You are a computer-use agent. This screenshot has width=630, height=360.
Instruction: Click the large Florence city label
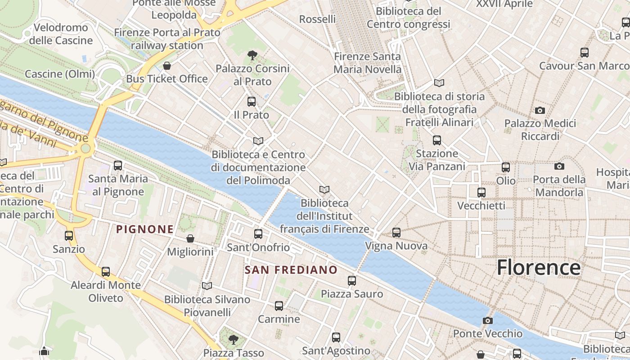[x=539, y=267]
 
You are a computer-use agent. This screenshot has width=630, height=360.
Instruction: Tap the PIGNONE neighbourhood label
[x=145, y=229]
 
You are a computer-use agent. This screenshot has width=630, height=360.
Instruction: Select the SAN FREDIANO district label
[x=291, y=270]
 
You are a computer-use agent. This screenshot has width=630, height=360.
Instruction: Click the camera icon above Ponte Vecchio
[x=487, y=320]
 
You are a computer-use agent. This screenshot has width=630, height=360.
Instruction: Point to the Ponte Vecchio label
[x=487, y=334]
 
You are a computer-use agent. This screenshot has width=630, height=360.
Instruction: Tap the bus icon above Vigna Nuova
[x=396, y=233]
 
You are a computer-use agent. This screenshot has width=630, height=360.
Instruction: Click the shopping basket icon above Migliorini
[x=190, y=238]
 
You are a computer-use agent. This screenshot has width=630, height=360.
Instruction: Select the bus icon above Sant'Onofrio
[x=258, y=234]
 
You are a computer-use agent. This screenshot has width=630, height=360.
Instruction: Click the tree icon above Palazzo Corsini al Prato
[x=252, y=55]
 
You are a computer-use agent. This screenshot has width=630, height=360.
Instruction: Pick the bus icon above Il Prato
[x=251, y=102]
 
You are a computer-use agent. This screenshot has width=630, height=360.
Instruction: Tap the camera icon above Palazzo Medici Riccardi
[x=540, y=110]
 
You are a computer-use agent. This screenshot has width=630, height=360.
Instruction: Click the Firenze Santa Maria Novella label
[x=367, y=63]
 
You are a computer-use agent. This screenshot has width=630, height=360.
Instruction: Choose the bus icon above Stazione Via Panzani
[x=436, y=140]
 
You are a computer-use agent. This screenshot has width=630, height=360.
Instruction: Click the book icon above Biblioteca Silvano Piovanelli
[x=207, y=286]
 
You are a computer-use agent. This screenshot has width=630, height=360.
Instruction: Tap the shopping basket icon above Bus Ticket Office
[x=167, y=66]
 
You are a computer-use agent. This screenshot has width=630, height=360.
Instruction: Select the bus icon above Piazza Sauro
[x=352, y=281]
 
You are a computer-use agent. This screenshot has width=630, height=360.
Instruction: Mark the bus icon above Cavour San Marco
[x=584, y=53]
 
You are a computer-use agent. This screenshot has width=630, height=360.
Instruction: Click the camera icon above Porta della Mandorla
[x=559, y=166]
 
